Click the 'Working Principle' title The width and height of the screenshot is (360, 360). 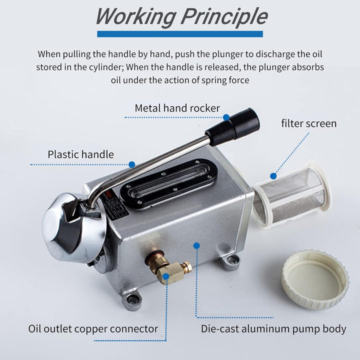(x=182, y=16)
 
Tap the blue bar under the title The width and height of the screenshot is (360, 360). (x=180, y=34)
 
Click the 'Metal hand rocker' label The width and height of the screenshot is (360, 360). (x=177, y=108)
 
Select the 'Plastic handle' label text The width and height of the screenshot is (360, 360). (x=80, y=154)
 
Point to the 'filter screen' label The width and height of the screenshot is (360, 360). (x=309, y=123)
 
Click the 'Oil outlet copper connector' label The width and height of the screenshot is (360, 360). (x=93, y=329)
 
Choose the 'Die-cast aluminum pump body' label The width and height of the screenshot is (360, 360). (x=273, y=329)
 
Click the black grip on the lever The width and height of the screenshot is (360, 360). (x=232, y=126)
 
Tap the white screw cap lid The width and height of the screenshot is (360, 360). (x=315, y=279)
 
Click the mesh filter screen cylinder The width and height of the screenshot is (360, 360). (x=292, y=194)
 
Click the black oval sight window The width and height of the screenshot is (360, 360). (x=169, y=183)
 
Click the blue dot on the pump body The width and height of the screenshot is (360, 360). (x=196, y=246)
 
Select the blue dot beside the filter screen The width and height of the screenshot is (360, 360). (x=273, y=176)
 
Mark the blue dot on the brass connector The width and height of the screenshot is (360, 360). (x=166, y=276)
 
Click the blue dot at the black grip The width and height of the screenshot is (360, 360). (x=226, y=117)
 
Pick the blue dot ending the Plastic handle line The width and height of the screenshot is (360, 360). (x=132, y=164)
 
